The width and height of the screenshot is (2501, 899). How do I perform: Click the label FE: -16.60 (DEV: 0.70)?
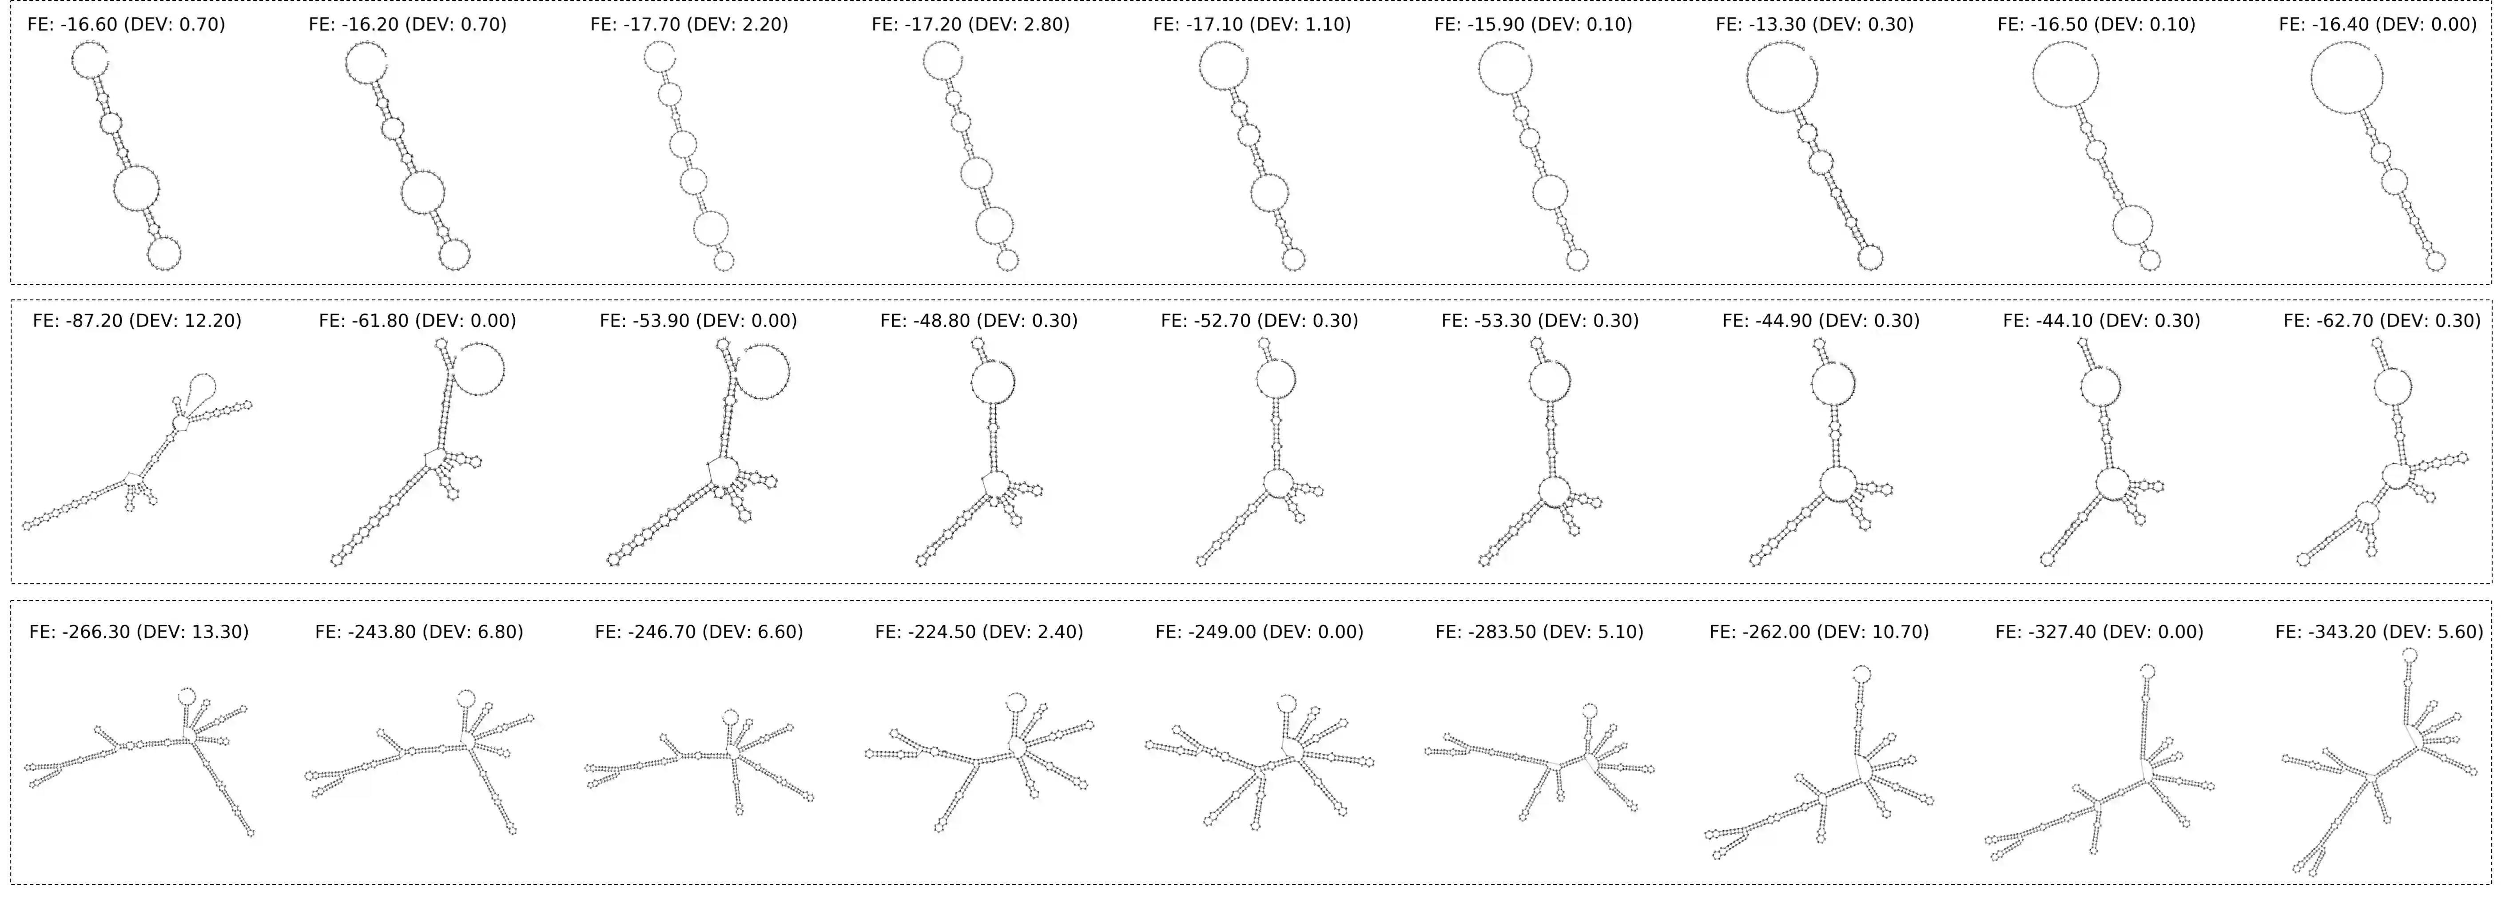coord(126,24)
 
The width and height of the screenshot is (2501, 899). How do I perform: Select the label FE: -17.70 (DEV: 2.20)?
coord(689,24)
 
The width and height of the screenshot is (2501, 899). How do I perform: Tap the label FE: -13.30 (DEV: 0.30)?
coord(1815,24)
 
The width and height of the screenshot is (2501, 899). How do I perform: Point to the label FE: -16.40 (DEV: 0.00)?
coord(2378,24)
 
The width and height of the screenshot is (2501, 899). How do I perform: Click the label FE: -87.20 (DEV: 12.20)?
coord(137,320)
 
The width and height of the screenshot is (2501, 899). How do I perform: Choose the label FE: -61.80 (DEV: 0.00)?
coord(417,320)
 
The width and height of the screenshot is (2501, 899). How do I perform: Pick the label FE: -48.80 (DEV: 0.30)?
coord(978,320)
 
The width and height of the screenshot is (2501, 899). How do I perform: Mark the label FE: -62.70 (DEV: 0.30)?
coord(2382,320)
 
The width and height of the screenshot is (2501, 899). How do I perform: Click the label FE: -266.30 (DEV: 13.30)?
coord(139,632)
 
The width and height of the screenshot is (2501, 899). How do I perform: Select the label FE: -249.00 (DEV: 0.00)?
coord(1259,632)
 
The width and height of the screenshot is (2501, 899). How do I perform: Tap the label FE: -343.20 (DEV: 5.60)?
coord(2379,632)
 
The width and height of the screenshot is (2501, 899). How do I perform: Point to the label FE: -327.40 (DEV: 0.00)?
coord(2099,632)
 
